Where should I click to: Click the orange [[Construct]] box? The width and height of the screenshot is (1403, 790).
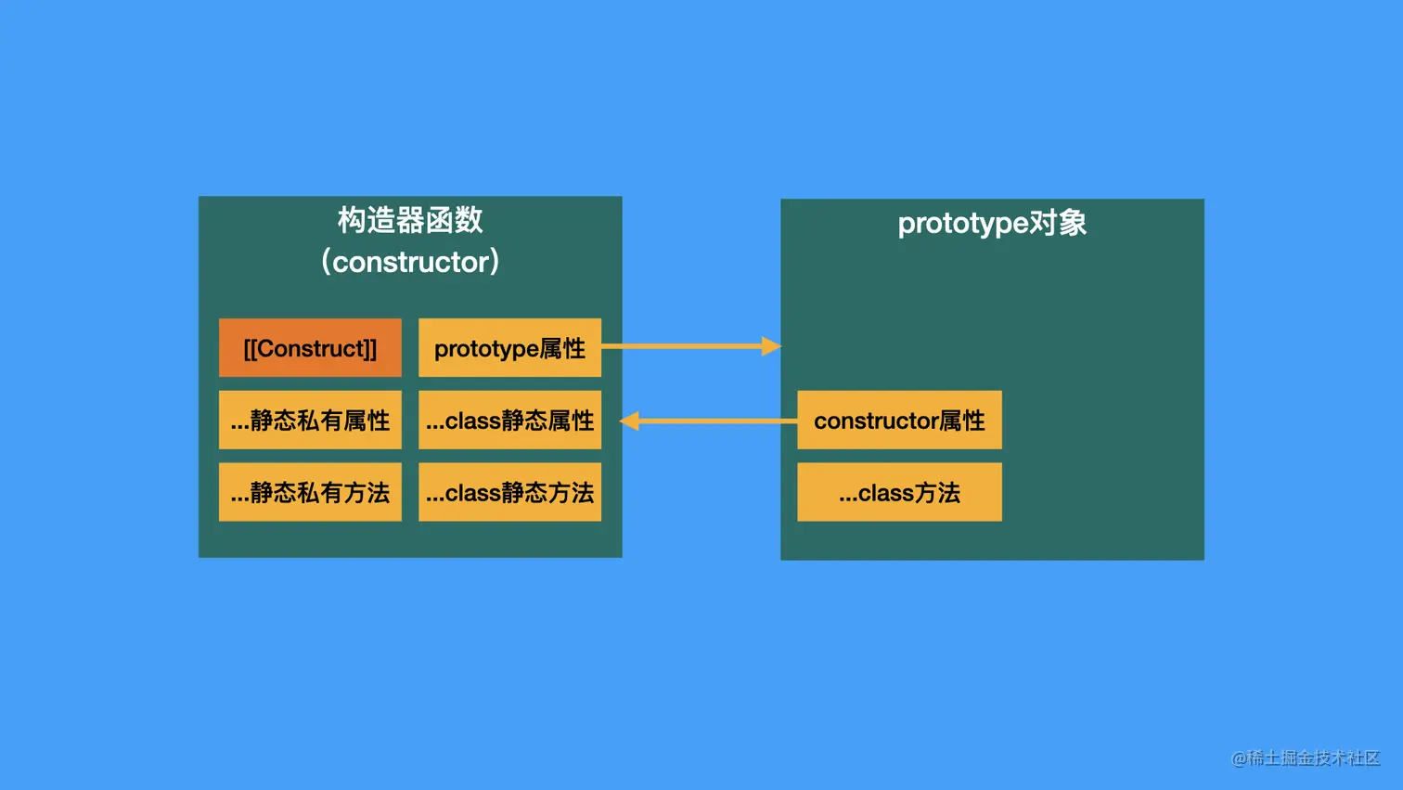coord(310,348)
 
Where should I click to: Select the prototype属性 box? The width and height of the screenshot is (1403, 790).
coord(509,348)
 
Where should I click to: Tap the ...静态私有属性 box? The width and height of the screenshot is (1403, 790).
coord(310,421)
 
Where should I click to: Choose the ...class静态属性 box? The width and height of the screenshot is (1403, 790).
coord(509,421)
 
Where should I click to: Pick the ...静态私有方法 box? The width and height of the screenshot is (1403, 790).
coord(310,492)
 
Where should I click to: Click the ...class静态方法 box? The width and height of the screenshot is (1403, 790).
coord(509,492)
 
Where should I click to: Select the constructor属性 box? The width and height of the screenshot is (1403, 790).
coord(899,421)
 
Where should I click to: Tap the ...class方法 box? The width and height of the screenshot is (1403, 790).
coord(899,492)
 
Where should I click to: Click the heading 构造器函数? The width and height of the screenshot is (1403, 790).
coord(410,220)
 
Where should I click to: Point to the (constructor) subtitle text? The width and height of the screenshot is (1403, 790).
coord(410,262)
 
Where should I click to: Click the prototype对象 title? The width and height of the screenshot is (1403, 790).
coord(992,223)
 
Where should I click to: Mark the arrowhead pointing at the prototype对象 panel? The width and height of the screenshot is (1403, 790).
coord(771,346)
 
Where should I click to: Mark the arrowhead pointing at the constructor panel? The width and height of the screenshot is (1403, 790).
coord(630,421)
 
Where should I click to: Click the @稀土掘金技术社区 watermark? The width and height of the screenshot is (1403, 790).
coord(1306,758)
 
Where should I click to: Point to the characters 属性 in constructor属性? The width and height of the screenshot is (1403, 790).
coord(962,421)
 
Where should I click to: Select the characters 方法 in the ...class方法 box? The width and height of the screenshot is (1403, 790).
coord(937,492)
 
